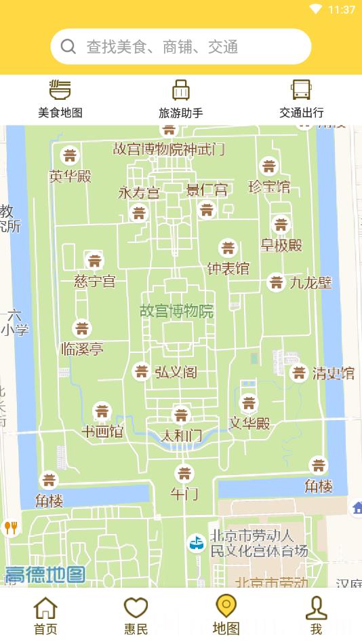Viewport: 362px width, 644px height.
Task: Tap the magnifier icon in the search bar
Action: pos(68,46)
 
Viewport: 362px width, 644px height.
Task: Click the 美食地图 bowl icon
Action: pos(60,90)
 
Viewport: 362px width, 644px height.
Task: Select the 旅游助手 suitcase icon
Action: pos(181,90)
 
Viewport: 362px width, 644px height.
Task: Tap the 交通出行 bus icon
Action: pos(301,90)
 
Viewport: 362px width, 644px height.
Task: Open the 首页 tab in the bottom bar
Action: pos(45,615)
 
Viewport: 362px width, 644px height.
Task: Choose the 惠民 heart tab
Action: pos(136,615)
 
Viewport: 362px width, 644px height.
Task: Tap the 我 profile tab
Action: pos(316,615)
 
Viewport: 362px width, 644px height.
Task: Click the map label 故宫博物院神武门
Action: pos(169,149)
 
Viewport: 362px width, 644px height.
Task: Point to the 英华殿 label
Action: pos(70,176)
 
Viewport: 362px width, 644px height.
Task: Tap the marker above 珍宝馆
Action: pos(269,166)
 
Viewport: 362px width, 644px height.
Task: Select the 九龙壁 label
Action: pos(311,282)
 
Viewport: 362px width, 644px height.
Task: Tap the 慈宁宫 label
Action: pos(95,281)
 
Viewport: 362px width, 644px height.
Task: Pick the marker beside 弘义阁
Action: pos(141,371)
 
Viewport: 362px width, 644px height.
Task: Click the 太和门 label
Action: pos(181,436)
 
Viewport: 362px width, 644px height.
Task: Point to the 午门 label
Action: pos(184,493)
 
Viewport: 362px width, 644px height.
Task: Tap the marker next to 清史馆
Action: pos(299,373)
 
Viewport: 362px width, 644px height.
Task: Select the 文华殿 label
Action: pos(249,423)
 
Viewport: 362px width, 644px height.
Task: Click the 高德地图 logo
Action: pos(45,575)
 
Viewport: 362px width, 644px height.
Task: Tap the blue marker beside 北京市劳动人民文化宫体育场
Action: pos(196,543)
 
